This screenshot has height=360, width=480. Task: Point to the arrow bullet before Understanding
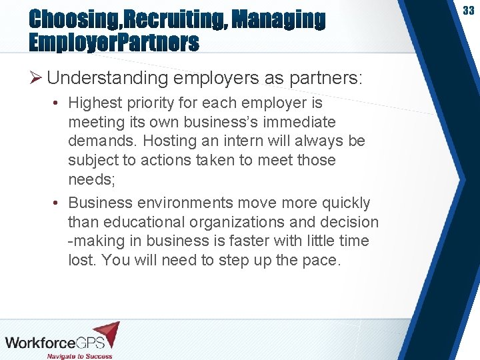pyautogui.click(x=36, y=79)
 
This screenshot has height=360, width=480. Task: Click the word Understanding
pyautogui.click(x=108, y=78)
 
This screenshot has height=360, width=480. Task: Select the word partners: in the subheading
pyautogui.click(x=326, y=78)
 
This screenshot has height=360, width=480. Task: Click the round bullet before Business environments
pyautogui.click(x=56, y=203)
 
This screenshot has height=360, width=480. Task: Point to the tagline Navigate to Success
pyautogui.click(x=79, y=356)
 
